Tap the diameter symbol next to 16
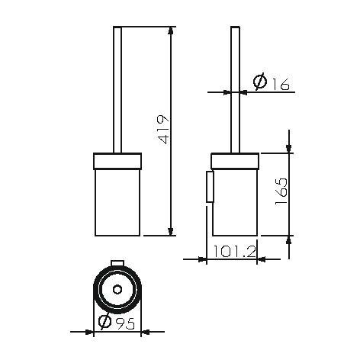pos(260,82)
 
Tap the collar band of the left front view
pos(117,159)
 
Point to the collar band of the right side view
pos(235,159)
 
